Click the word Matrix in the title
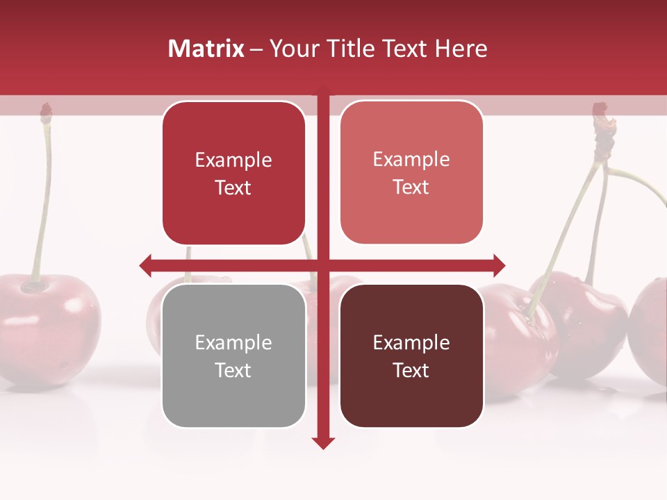pyautogui.click(x=206, y=49)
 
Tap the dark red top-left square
pyautogui.click(x=233, y=173)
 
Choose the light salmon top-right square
pyautogui.click(x=411, y=172)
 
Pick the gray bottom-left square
pyautogui.click(x=233, y=356)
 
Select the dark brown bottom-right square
pyautogui.click(x=411, y=356)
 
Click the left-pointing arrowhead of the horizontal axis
pyautogui.click(x=146, y=265)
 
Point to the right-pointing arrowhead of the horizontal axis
pyautogui.click(x=499, y=265)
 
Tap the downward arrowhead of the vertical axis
pyautogui.click(x=323, y=442)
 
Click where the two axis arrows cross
pyautogui.click(x=323, y=265)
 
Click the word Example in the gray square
pyautogui.click(x=233, y=342)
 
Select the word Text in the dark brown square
pyautogui.click(x=411, y=370)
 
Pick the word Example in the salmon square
pyautogui.click(x=411, y=159)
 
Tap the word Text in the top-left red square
pyautogui.click(x=233, y=187)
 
